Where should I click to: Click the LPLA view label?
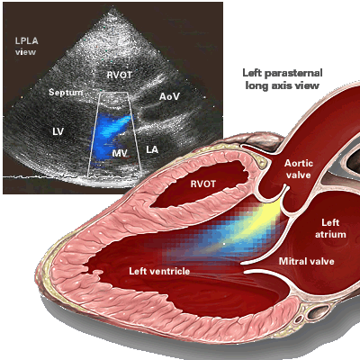pyautogui.click(x=26, y=46)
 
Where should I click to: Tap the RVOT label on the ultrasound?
pyautogui.click(x=120, y=75)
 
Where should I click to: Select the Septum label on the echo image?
pyautogui.click(x=66, y=93)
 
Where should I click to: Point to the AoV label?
pyautogui.click(x=169, y=96)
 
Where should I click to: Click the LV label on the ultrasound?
pyautogui.click(x=58, y=131)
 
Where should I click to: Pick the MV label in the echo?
pyautogui.click(x=120, y=153)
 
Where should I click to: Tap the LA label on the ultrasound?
pyautogui.click(x=152, y=149)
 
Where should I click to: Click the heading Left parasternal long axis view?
pyautogui.click(x=283, y=79)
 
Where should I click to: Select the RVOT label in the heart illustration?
pyautogui.click(x=203, y=184)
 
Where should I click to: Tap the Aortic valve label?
pyautogui.click(x=299, y=169)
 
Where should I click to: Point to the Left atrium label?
pyautogui.click(x=330, y=229)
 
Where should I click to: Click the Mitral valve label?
pyautogui.click(x=307, y=261)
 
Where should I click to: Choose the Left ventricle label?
pyautogui.click(x=159, y=271)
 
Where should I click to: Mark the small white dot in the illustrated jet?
pyautogui.click(x=224, y=244)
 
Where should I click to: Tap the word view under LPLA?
pyautogui.click(x=26, y=52)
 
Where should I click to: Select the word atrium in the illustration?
pyautogui.click(x=330, y=234)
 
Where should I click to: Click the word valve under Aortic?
pyautogui.click(x=298, y=175)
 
